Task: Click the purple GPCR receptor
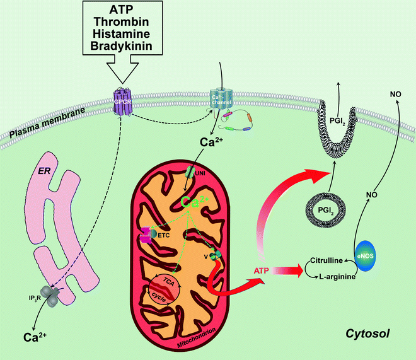(119, 100)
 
